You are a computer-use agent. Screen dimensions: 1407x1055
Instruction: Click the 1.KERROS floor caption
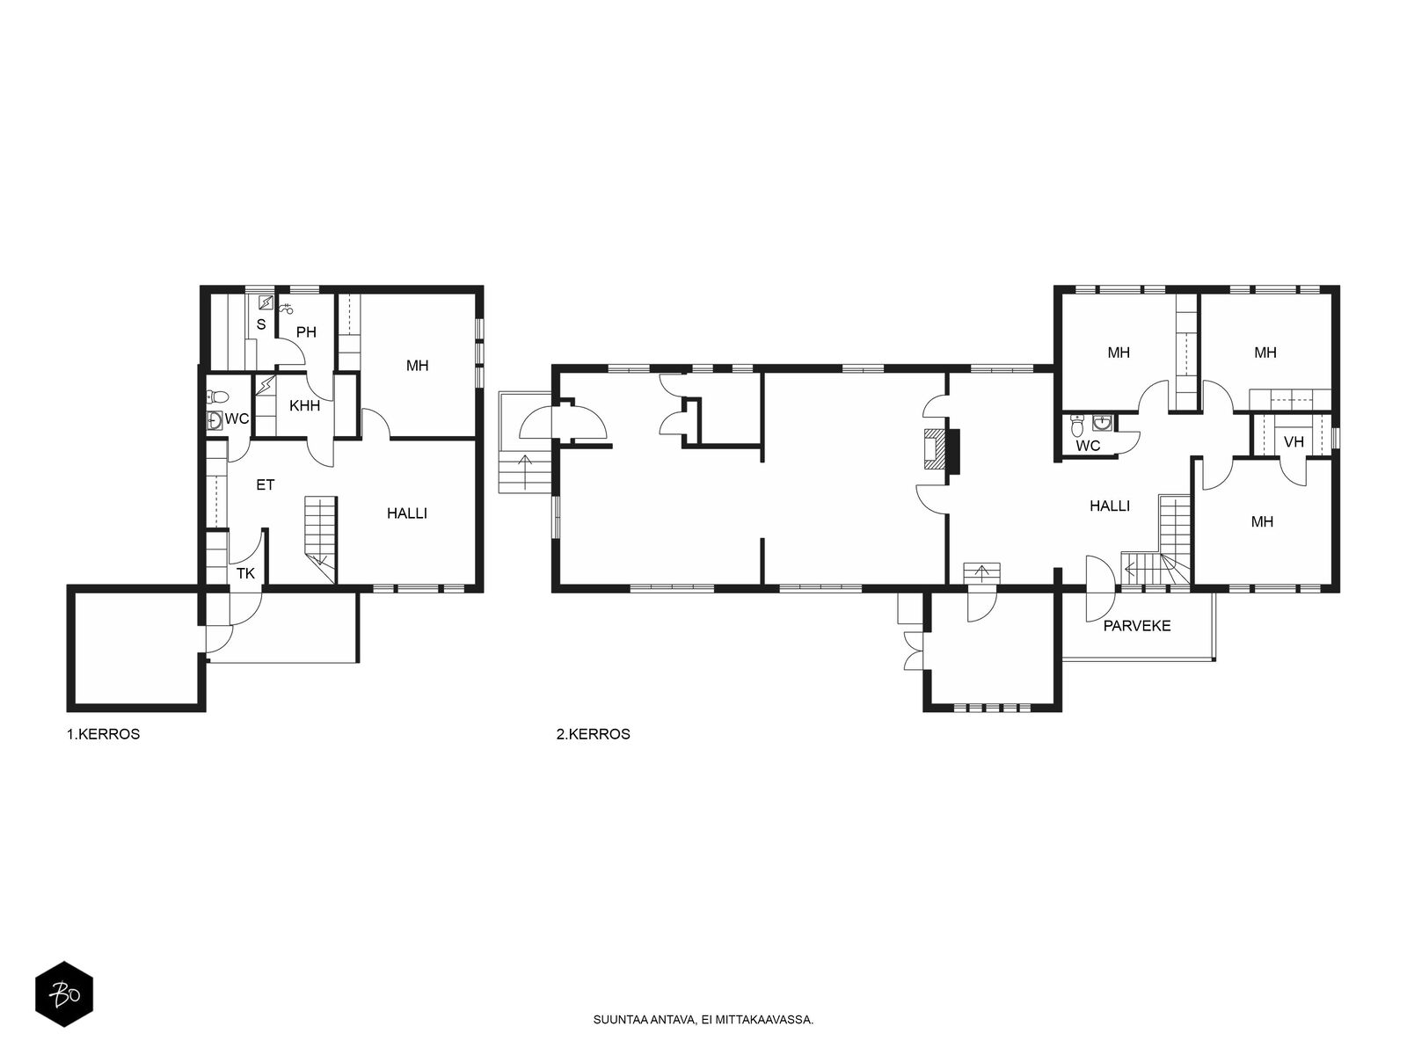pyautogui.click(x=103, y=734)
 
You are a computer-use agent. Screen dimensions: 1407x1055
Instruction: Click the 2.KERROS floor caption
pyautogui.click(x=593, y=734)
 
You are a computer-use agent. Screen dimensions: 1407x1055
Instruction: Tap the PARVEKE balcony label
pyautogui.click(x=1136, y=626)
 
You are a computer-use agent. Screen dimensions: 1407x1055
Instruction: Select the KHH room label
pyautogui.click(x=304, y=405)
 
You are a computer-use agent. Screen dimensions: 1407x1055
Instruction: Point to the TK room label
pyautogui.click(x=245, y=573)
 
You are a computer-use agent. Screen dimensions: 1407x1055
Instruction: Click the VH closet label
pyautogui.click(x=1294, y=442)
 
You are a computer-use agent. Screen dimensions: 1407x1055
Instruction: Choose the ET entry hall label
pyautogui.click(x=266, y=485)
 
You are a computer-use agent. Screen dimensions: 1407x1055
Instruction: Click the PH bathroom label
pyautogui.click(x=306, y=331)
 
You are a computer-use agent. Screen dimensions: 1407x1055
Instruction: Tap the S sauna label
pyautogui.click(x=261, y=324)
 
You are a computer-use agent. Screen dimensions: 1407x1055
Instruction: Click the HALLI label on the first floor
pyautogui.click(x=407, y=513)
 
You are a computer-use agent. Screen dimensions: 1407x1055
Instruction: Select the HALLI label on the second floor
pyautogui.click(x=1110, y=506)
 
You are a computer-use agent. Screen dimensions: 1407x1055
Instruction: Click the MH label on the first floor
pyautogui.click(x=418, y=366)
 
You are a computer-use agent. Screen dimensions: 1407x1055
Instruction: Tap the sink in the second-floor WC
pyautogui.click(x=1101, y=423)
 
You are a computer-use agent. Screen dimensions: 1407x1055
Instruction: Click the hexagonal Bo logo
pyautogui.click(x=64, y=995)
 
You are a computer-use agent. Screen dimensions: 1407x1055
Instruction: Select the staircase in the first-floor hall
pyautogui.click(x=320, y=539)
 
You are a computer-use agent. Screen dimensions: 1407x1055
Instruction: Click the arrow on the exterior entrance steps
pyautogui.click(x=526, y=472)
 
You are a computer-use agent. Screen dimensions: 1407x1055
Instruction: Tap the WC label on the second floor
pyautogui.click(x=1088, y=446)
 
